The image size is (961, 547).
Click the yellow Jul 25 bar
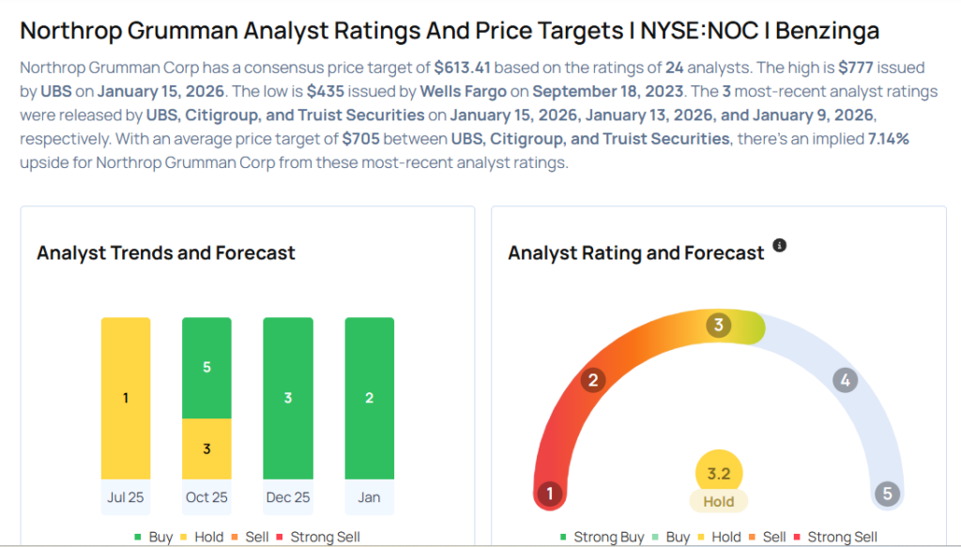[126, 398]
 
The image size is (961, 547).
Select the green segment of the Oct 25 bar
[206, 368]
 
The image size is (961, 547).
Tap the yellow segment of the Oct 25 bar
[206, 448]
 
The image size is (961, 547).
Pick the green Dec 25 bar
[288, 398]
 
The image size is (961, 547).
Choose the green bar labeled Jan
[369, 398]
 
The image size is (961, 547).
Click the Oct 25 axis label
[206, 497]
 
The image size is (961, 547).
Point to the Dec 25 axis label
[288, 497]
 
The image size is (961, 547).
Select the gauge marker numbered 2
[592, 380]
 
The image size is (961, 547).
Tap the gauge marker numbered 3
[719, 326]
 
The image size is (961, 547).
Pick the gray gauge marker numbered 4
[845, 380]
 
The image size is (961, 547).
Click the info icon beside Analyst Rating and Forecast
[779, 246]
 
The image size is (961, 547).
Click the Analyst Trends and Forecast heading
[166, 252]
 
